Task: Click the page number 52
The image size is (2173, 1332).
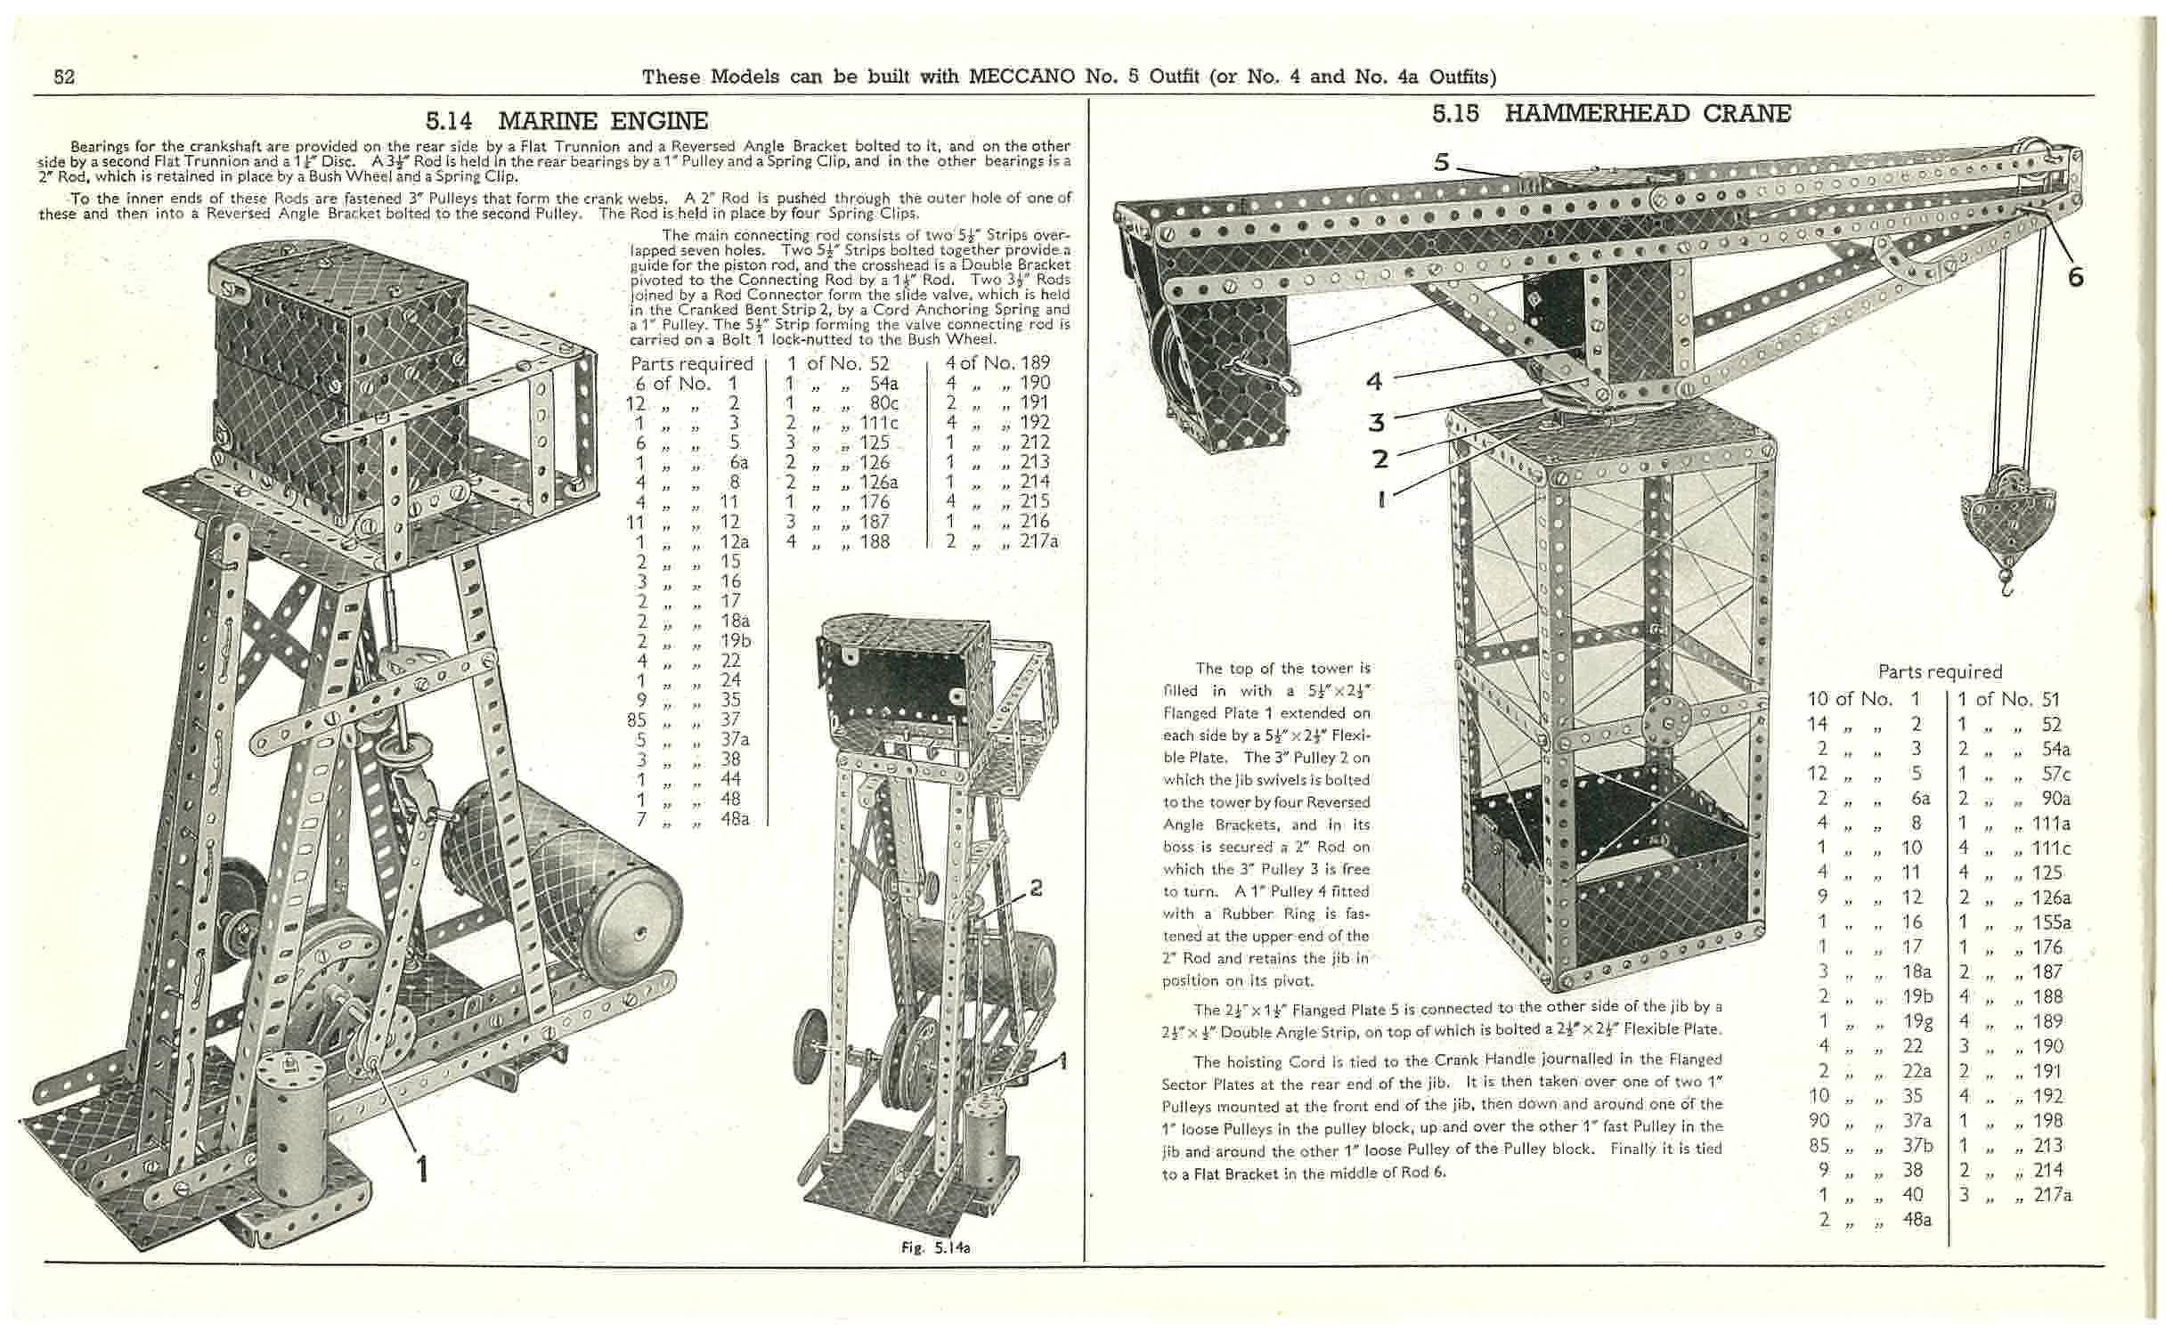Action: (x=64, y=77)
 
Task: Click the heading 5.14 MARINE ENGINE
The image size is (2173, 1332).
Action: (x=566, y=120)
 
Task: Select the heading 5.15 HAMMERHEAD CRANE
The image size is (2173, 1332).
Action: (x=1611, y=113)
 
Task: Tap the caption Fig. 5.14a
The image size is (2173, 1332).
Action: (x=935, y=1247)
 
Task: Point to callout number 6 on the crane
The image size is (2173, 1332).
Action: (x=2075, y=278)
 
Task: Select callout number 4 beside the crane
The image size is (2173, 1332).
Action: (x=1375, y=382)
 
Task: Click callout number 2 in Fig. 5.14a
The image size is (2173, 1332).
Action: (x=1036, y=888)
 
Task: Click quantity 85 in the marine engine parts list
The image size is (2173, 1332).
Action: (x=637, y=719)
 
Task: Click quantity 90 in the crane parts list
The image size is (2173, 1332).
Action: (x=1819, y=1120)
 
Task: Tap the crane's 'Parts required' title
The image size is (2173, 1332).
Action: (x=1940, y=671)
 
